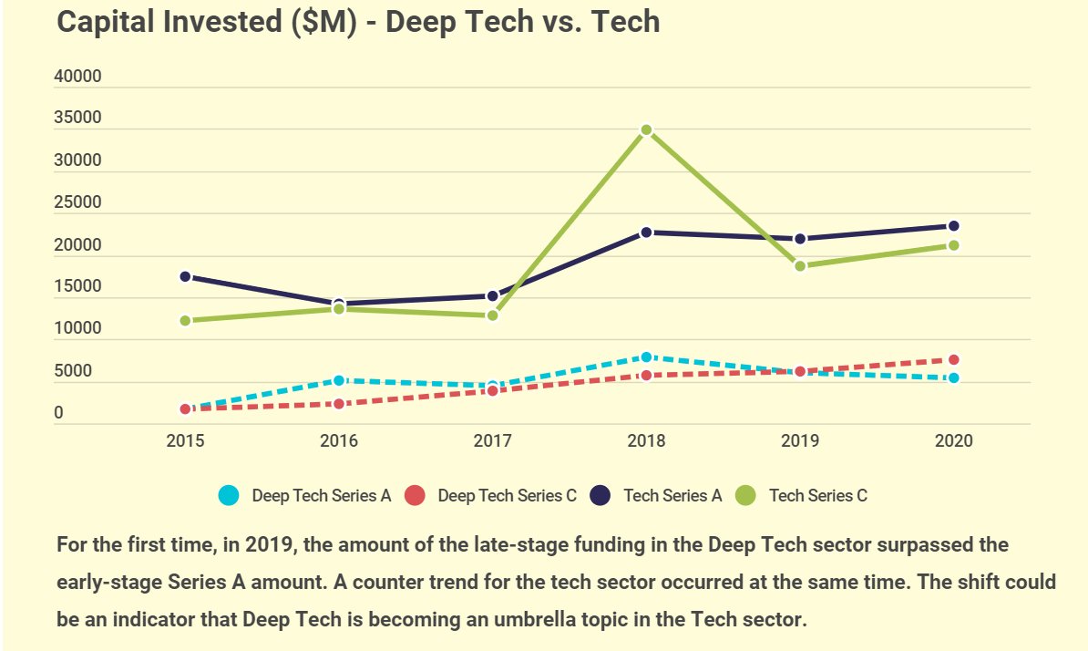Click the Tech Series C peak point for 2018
[646, 130]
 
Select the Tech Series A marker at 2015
[185, 276]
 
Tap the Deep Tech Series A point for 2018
[646, 357]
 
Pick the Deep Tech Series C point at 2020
[953, 360]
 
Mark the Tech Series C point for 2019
[800, 266]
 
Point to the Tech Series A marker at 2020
[953, 226]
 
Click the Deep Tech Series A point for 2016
[339, 380]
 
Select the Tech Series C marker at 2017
[492, 315]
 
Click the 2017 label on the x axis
[492, 441]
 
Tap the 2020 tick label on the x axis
[953, 441]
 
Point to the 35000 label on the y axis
[77, 119]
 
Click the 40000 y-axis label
[77, 77]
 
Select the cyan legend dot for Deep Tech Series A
[229, 496]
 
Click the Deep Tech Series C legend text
[507, 496]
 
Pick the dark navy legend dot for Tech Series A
[600, 496]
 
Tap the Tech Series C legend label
[817, 496]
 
